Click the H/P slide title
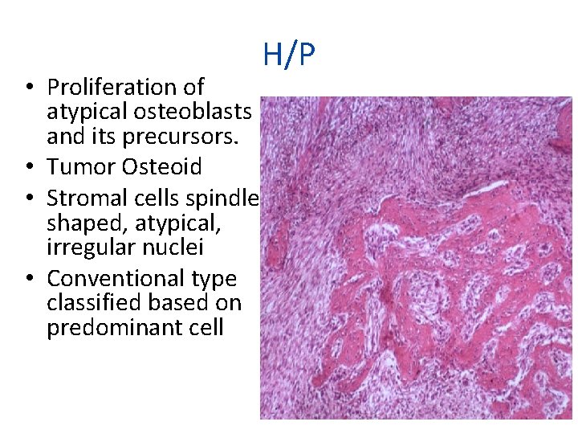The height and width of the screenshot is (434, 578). pos(289,55)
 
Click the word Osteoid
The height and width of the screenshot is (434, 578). pos(161,167)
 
